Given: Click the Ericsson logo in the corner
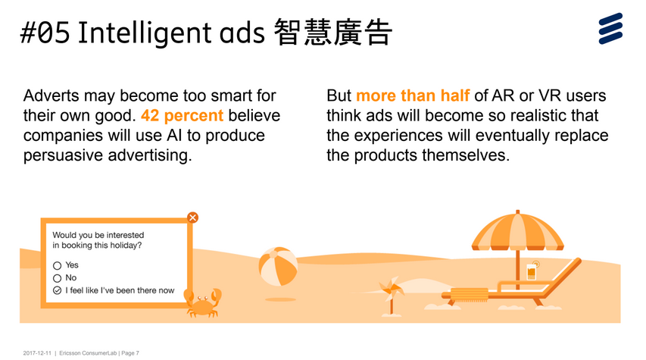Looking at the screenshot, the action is pyautogui.click(x=610, y=29).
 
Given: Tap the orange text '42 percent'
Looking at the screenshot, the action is pyautogui.click(x=182, y=116).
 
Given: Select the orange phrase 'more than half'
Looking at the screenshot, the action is pyautogui.click(x=413, y=95).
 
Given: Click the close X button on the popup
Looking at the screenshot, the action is pyautogui.click(x=192, y=218).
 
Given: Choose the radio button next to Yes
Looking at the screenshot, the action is pyautogui.click(x=58, y=265).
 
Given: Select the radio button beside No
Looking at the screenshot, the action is pyautogui.click(x=58, y=278).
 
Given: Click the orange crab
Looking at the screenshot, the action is pyautogui.click(x=202, y=303).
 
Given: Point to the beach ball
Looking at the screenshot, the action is pyautogui.click(x=278, y=266).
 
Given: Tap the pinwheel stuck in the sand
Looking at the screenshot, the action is pyautogui.click(x=392, y=293).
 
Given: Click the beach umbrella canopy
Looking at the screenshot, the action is pyautogui.click(x=517, y=231).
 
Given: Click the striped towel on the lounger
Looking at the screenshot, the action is pyautogui.click(x=470, y=294).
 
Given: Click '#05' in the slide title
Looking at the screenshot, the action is pyautogui.click(x=45, y=33).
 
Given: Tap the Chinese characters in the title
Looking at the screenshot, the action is pyautogui.click(x=333, y=32).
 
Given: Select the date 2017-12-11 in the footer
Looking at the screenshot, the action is pyautogui.click(x=37, y=353).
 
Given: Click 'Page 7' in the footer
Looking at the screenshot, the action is pyautogui.click(x=130, y=353).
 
